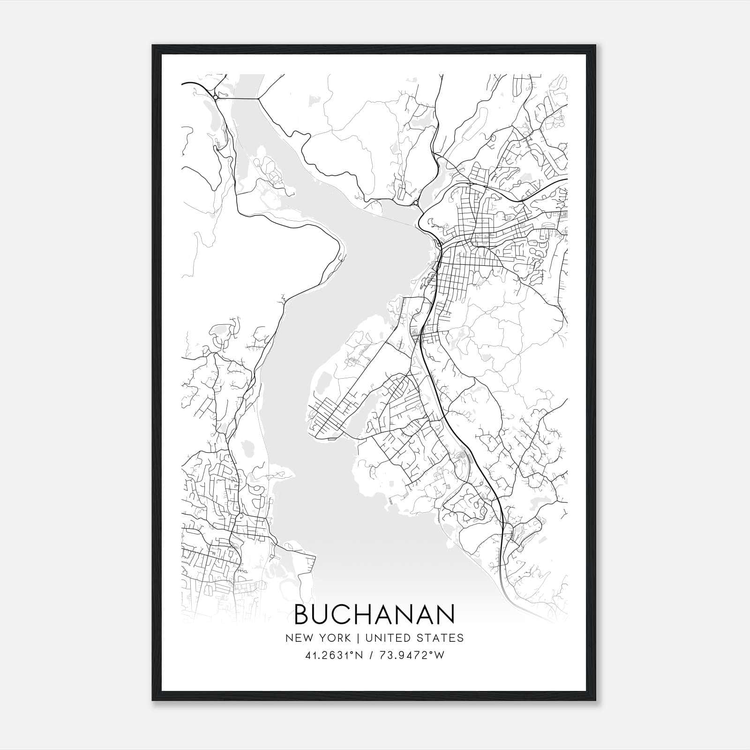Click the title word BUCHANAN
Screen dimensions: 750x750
pyautogui.click(x=374, y=614)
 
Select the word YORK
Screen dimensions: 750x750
pyautogui.click(x=334, y=638)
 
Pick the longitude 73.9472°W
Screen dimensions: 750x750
pyautogui.click(x=411, y=655)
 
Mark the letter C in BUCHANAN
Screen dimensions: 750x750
pyautogui.click(x=345, y=614)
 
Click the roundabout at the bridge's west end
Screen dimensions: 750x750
pyautogui.click(x=215, y=97)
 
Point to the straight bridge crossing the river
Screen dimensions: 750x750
pyautogui.click(x=237, y=98)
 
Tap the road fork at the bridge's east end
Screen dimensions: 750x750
pyautogui.click(x=257, y=99)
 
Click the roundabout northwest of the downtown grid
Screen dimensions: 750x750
pyautogui.click(x=416, y=203)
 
